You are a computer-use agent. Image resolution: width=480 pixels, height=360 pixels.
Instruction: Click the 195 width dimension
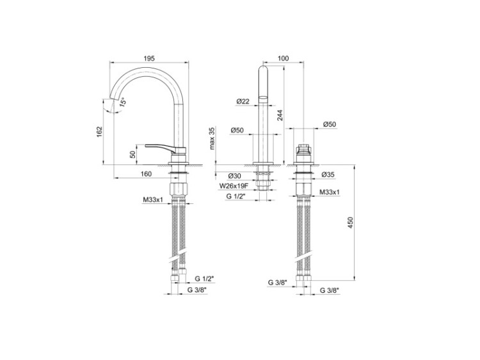click(x=149, y=58)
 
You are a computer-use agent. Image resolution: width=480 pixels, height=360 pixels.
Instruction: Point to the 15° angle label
click(x=122, y=102)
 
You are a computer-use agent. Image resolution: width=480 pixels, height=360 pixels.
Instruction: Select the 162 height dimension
click(x=99, y=132)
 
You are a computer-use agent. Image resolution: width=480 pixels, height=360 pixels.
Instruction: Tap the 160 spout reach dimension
click(x=146, y=174)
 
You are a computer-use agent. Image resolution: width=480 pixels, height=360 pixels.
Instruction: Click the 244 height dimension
click(x=280, y=115)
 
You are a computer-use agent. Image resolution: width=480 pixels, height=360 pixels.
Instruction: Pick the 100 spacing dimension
click(x=283, y=58)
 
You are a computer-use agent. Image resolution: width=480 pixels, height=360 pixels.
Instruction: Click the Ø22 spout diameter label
click(x=243, y=101)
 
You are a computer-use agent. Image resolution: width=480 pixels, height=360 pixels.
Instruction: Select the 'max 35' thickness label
click(x=212, y=138)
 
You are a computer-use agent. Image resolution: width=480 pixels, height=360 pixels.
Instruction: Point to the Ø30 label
click(x=234, y=176)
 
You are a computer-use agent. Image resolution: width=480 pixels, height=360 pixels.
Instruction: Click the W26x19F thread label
click(x=233, y=185)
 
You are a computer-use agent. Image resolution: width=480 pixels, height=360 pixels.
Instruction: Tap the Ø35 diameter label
click(x=328, y=175)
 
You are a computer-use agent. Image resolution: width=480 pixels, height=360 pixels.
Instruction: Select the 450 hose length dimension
click(x=351, y=223)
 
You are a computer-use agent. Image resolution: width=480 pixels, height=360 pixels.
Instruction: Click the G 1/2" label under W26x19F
click(x=236, y=197)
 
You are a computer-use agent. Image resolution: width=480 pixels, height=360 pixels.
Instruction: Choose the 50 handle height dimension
click(x=133, y=155)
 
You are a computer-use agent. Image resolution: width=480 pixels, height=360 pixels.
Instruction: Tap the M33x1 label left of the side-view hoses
click(x=153, y=200)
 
